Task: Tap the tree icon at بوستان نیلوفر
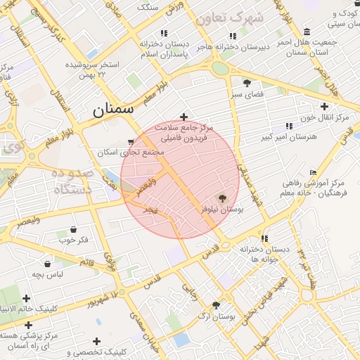click(223, 198)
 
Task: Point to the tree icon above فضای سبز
click(246, 82)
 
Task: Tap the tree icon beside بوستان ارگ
click(215, 305)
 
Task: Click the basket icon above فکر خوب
click(74, 229)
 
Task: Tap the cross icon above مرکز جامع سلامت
click(184, 117)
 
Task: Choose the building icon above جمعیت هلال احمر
click(307, 32)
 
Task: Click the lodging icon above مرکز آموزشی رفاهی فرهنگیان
click(313, 173)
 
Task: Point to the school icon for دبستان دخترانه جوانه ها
click(264, 238)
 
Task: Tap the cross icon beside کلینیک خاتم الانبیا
click(27, 299)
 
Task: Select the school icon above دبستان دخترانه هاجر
click(232, 36)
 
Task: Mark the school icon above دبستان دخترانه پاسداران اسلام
click(164, 33)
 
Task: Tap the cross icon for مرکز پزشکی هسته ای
click(28, 325)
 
